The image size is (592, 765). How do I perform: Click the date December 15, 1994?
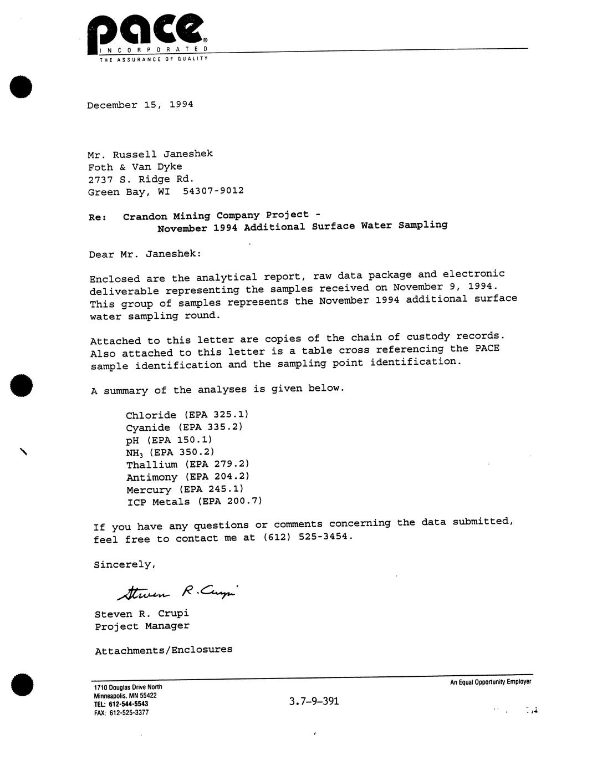click(x=140, y=105)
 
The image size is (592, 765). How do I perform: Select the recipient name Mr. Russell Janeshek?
click(x=150, y=154)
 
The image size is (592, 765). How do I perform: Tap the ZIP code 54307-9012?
click(x=213, y=191)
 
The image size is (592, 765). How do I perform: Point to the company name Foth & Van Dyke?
click(x=135, y=167)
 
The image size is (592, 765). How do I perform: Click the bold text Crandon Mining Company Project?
click(x=216, y=216)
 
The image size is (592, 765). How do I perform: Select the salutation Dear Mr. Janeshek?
click(x=145, y=254)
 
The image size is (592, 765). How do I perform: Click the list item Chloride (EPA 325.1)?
click(x=187, y=415)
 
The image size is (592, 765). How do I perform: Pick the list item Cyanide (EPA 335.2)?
click(x=184, y=427)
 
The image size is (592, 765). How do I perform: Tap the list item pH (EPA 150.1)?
click(x=169, y=440)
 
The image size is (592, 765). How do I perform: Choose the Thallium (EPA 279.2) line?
click(x=187, y=465)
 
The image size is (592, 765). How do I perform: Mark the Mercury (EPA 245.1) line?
click(x=185, y=489)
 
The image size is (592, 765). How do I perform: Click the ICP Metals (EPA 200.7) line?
click(x=194, y=502)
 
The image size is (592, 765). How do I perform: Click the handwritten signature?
click(x=177, y=593)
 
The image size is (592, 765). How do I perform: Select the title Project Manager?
click(x=142, y=626)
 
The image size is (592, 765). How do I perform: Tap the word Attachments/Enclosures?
click(x=164, y=650)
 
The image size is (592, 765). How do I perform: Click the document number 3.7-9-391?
click(x=314, y=701)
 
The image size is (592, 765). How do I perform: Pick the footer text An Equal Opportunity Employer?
click(x=490, y=682)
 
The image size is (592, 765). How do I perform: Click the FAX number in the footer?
click(x=121, y=712)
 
